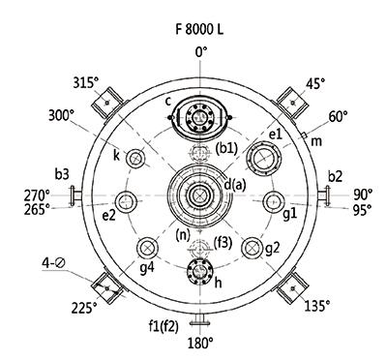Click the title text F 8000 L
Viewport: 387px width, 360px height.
tap(199, 29)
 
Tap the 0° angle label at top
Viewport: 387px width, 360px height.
tap(201, 51)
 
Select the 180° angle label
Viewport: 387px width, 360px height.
tap(200, 344)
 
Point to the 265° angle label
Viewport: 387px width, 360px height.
tap(37, 210)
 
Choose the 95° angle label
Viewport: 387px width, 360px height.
tap(362, 210)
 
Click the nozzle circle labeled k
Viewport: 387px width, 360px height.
tap(135, 159)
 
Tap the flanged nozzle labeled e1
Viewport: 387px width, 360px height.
tap(264, 159)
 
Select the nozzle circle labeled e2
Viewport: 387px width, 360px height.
tap(126, 201)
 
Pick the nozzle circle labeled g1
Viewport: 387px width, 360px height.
tap(274, 201)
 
